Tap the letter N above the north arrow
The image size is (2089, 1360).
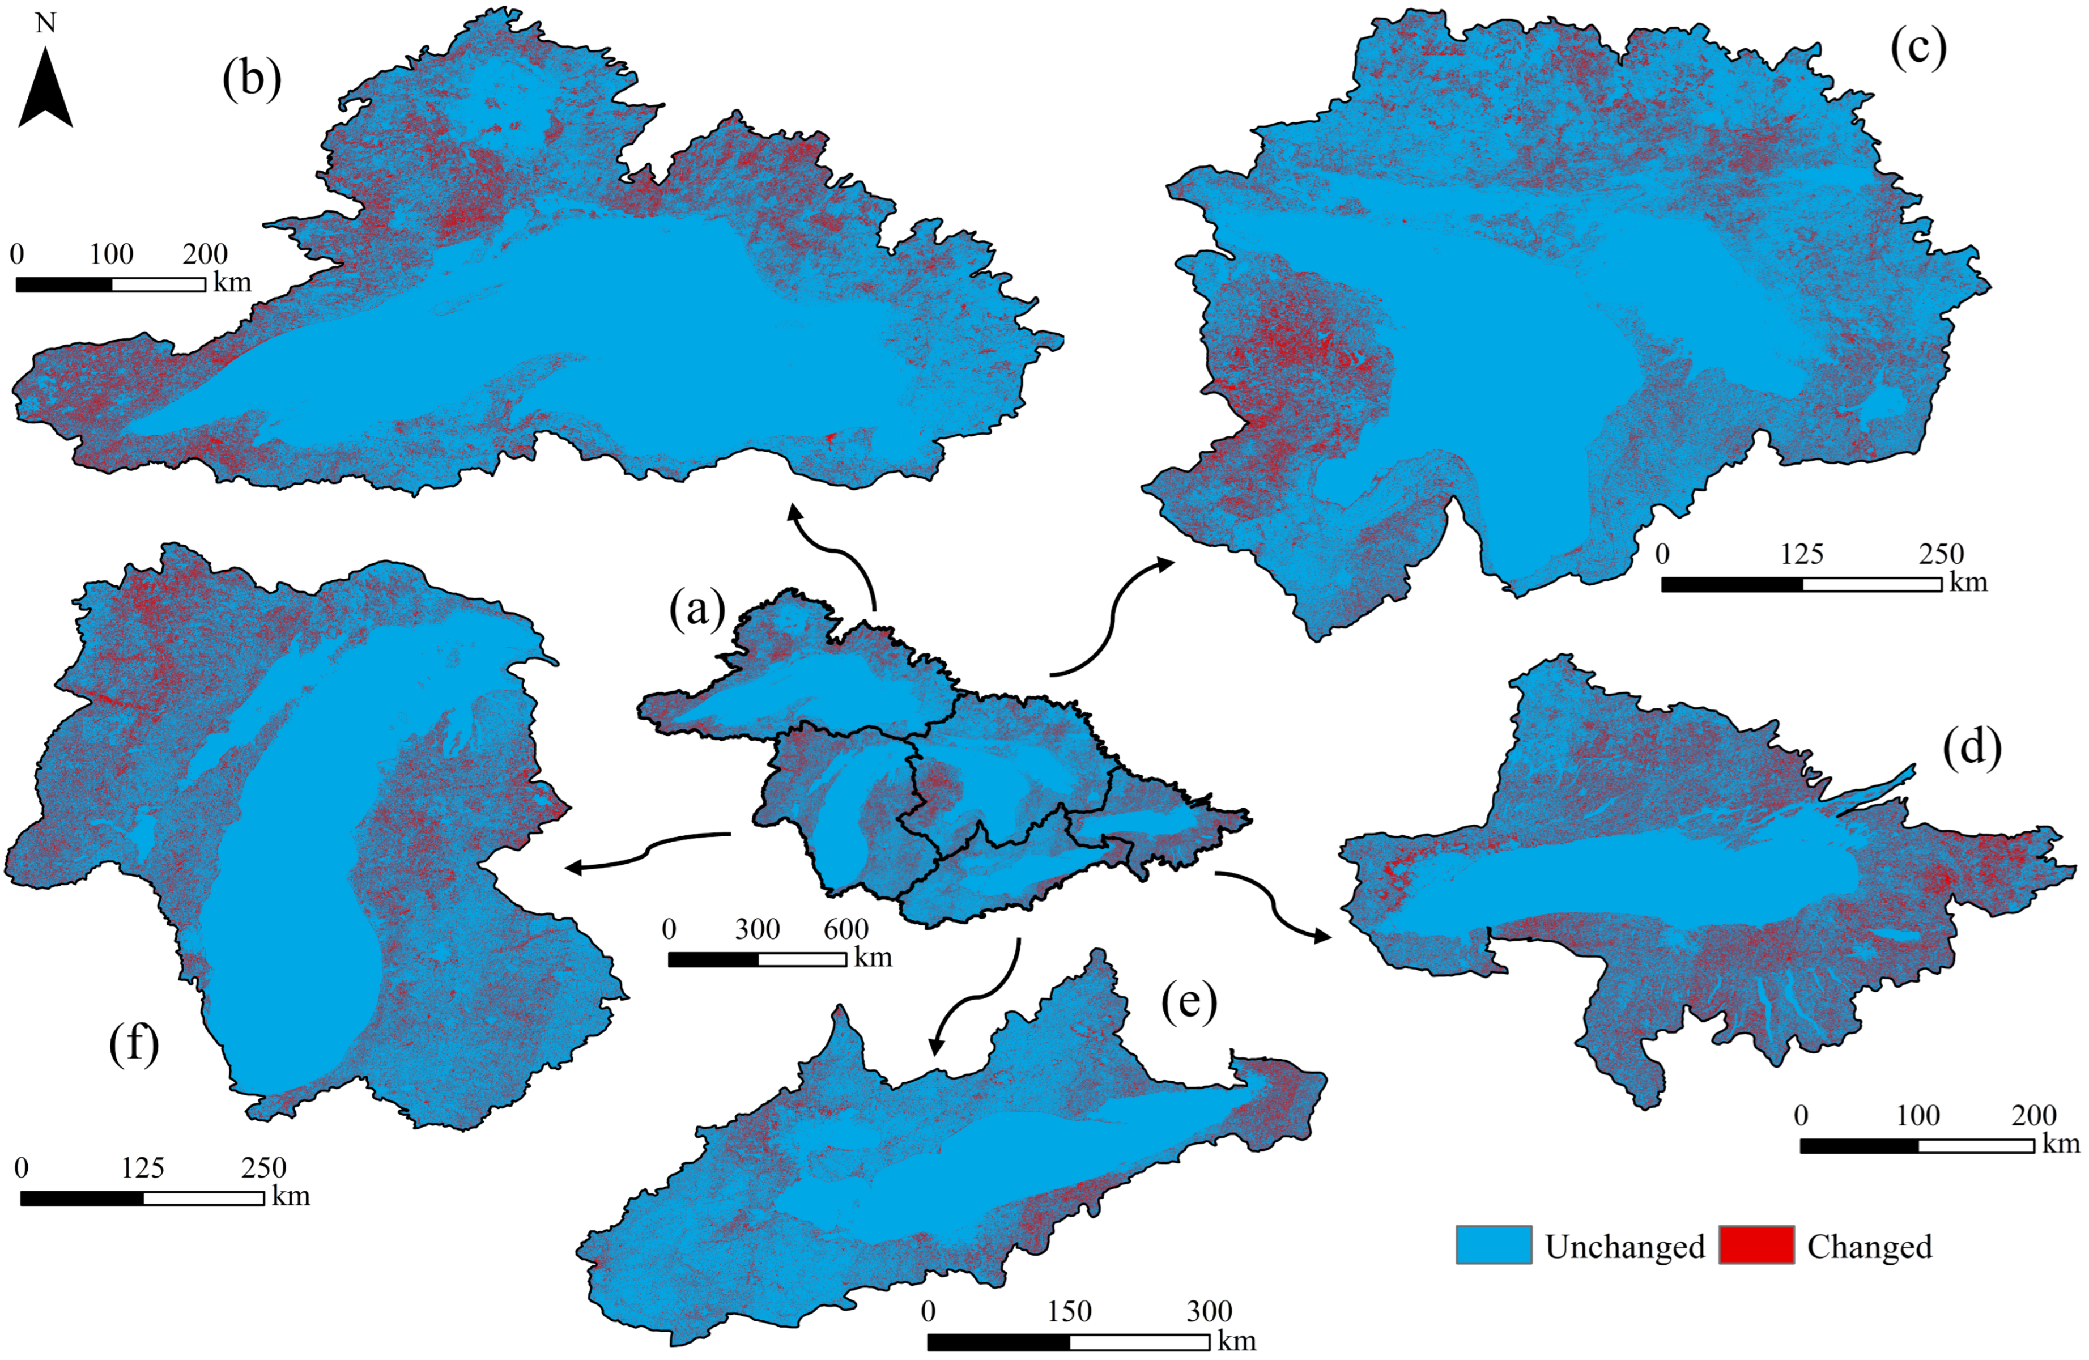tap(45, 23)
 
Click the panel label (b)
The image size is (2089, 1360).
tap(252, 79)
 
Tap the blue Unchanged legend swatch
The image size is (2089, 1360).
tap(1494, 1245)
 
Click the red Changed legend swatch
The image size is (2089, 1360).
tap(1756, 1245)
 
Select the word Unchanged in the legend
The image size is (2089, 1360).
tap(1624, 1247)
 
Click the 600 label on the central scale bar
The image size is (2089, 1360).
tap(845, 929)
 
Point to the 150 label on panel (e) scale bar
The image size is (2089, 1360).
tap(1069, 1312)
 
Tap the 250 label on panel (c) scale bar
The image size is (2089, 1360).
tap(1941, 554)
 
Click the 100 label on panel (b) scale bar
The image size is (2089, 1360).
tap(112, 254)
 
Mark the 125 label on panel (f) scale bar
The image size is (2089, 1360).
tap(142, 1168)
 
